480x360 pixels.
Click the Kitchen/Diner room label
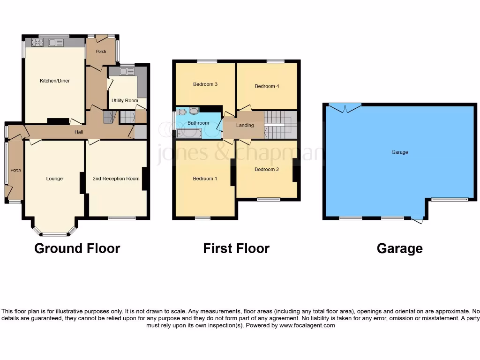(55, 81)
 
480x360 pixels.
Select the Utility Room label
(125, 101)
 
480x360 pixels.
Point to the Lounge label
(54, 179)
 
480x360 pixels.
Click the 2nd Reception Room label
(116, 179)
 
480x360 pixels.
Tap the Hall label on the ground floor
(79, 132)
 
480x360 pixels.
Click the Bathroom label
(198, 123)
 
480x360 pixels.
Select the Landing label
(245, 125)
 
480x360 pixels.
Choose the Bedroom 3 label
(205, 84)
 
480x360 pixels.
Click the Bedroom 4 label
(267, 86)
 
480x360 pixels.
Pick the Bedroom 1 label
(205, 179)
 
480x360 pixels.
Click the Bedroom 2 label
(267, 169)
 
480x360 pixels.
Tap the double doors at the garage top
(345, 108)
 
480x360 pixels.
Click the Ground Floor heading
(77, 248)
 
